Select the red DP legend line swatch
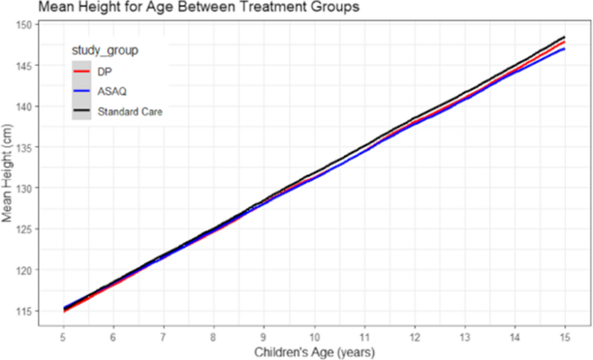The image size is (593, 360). (x=81, y=71)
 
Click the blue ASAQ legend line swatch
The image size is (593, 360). (x=81, y=91)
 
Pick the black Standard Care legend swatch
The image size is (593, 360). (x=81, y=111)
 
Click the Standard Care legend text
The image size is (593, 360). (x=130, y=111)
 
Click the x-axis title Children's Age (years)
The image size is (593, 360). (x=313, y=352)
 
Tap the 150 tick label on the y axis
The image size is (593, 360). (x=24, y=25)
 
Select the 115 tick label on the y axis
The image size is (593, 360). (x=24, y=311)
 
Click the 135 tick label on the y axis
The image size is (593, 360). (x=24, y=147)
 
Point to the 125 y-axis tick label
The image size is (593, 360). (x=24, y=229)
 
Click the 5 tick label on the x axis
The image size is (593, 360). (x=63, y=335)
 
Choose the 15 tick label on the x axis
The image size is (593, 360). (x=564, y=335)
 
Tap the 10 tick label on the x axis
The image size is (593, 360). (x=314, y=335)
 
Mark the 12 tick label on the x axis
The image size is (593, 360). (x=415, y=335)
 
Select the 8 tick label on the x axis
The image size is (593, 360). (x=214, y=335)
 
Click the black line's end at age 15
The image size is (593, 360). (x=564, y=37)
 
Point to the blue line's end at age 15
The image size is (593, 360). (x=564, y=48)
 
